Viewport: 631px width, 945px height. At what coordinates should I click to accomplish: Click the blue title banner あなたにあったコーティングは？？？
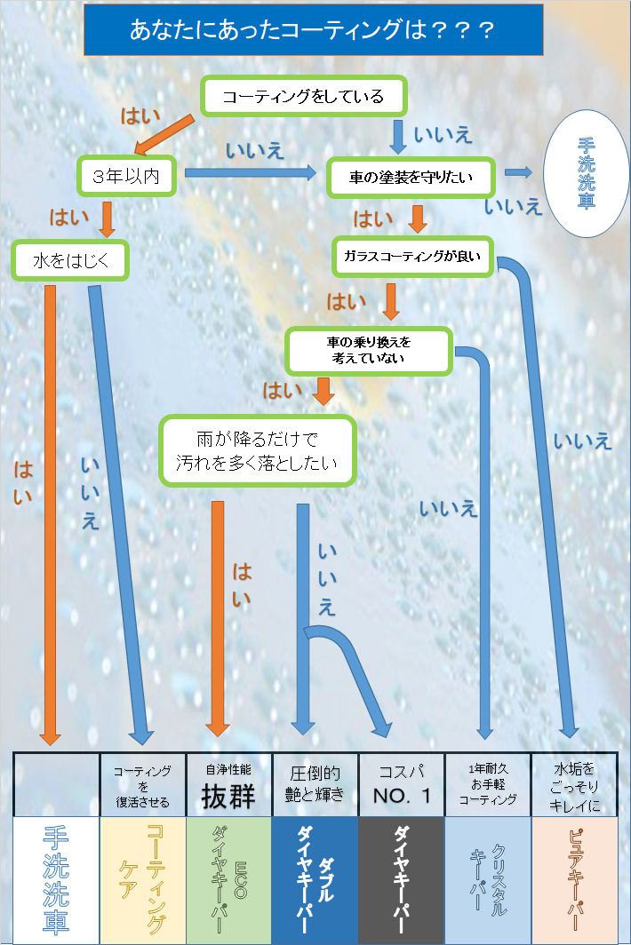313,29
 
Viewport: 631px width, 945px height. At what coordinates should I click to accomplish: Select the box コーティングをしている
303,96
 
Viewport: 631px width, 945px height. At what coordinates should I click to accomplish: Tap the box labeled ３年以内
126,176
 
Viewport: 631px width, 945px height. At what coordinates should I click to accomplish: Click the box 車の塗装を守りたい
411,178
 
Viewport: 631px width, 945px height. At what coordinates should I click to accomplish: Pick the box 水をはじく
70,260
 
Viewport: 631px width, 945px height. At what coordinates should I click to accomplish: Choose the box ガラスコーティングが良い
412,257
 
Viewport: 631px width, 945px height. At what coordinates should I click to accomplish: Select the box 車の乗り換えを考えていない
369,351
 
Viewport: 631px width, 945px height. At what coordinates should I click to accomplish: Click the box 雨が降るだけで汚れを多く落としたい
257,451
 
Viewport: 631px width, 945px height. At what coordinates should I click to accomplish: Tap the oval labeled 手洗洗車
586,173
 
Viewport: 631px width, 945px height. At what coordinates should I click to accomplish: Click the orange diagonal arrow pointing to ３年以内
164,135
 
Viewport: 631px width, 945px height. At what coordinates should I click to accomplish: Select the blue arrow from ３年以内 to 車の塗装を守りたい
251,173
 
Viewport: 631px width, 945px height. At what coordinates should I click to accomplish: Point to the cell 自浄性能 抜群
228,785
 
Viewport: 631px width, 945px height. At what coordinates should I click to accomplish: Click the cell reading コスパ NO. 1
401,785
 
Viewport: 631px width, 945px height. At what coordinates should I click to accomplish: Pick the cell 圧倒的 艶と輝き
315,785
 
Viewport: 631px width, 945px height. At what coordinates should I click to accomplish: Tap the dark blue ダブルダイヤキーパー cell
315,880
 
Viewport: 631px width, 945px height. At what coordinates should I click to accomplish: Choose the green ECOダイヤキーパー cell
228,880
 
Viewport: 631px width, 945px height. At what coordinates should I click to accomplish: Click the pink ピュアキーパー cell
574,880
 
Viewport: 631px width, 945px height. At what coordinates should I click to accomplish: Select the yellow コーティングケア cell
142,880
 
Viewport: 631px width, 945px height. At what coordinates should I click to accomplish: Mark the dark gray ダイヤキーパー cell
401,880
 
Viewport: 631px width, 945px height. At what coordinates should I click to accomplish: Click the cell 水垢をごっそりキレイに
574,785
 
